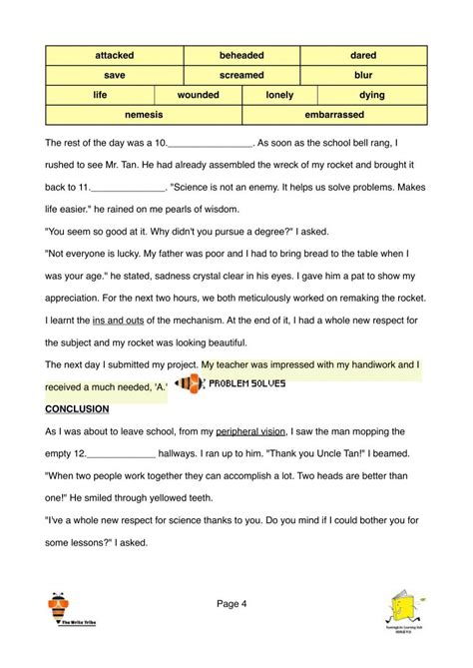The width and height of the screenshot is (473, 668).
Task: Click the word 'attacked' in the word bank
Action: (x=114, y=55)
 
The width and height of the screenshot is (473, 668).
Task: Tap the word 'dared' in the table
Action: (x=362, y=55)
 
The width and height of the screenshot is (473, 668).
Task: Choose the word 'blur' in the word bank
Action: (x=362, y=75)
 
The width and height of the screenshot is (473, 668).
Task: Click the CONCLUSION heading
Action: (x=77, y=409)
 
